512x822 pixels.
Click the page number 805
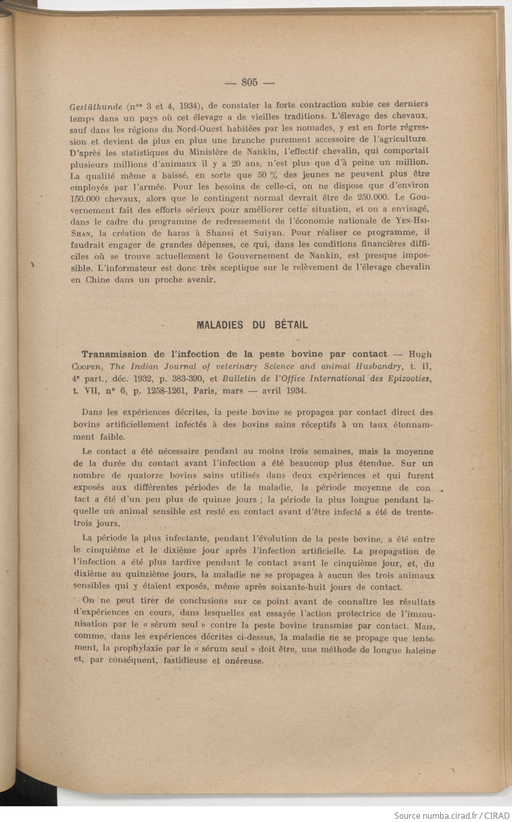[249, 82]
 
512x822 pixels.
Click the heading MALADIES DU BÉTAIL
[252, 324]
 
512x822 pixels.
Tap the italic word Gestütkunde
[96, 106]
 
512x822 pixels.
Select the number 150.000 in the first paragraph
[88, 198]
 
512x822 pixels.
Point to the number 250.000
[372, 197]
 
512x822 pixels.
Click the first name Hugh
[420, 354]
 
